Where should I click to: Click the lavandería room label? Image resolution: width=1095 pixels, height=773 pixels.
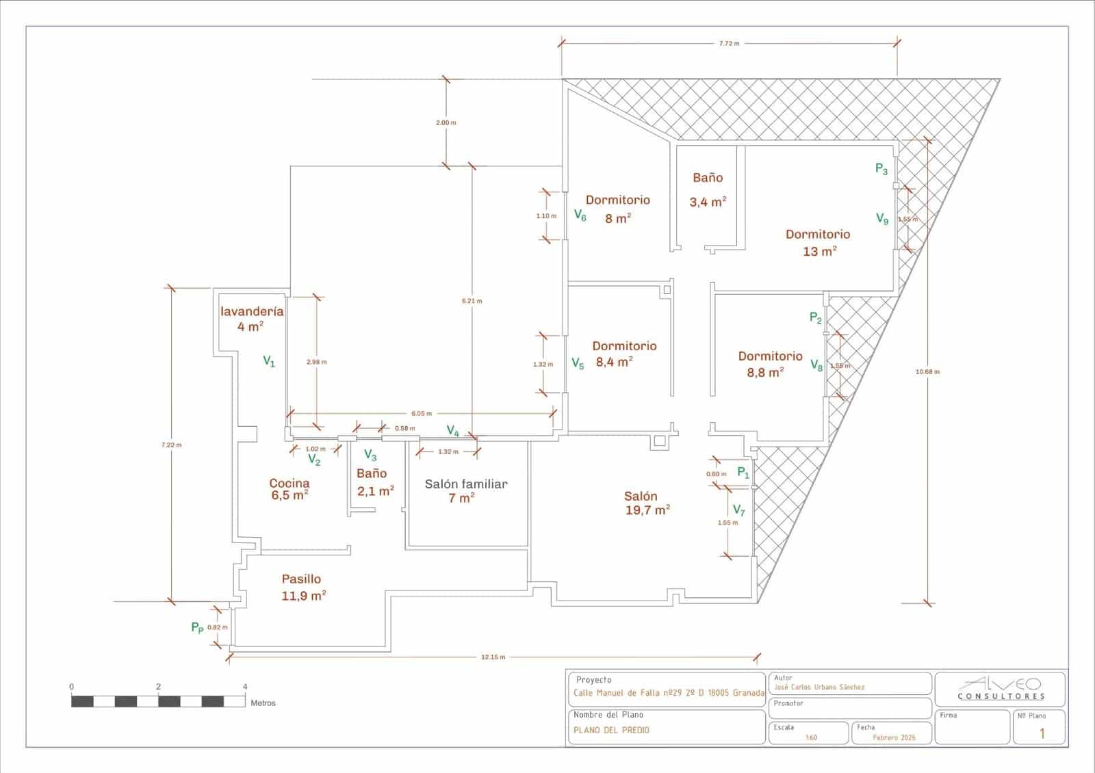click(x=251, y=318)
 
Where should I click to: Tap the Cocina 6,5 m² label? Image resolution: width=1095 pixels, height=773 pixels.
click(x=289, y=489)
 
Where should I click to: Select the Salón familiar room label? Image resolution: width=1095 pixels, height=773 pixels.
click(x=465, y=490)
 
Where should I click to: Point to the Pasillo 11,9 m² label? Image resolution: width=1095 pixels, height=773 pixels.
click(x=302, y=587)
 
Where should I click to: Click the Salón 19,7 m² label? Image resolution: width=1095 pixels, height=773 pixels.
click(x=646, y=503)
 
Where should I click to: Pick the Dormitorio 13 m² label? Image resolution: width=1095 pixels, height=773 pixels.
click(x=819, y=242)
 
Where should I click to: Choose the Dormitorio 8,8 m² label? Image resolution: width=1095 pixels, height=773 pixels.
click(x=769, y=364)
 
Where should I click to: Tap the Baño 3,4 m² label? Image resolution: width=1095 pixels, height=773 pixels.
click(x=708, y=189)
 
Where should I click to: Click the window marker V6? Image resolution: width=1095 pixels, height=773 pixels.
click(x=580, y=216)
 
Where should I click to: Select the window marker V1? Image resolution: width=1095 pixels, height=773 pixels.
click(x=269, y=361)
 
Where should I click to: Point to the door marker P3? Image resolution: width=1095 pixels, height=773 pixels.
click(x=881, y=169)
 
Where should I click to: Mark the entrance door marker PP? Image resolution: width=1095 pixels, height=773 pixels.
click(x=197, y=627)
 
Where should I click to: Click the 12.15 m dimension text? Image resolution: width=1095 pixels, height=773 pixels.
click(x=493, y=657)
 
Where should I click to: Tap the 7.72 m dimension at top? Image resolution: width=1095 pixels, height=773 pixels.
click(x=729, y=43)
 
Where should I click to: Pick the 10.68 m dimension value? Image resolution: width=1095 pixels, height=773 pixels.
click(x=927, y=372)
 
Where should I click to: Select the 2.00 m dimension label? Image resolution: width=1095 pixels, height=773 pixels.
click(x=446, y=122)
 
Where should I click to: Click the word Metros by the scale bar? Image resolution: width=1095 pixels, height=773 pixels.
click(x=263, y=703)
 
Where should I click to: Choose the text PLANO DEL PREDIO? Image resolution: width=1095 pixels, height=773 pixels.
click(x=611, y=730)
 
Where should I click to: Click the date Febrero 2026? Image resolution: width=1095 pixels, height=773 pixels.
click(x=894, y=738)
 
